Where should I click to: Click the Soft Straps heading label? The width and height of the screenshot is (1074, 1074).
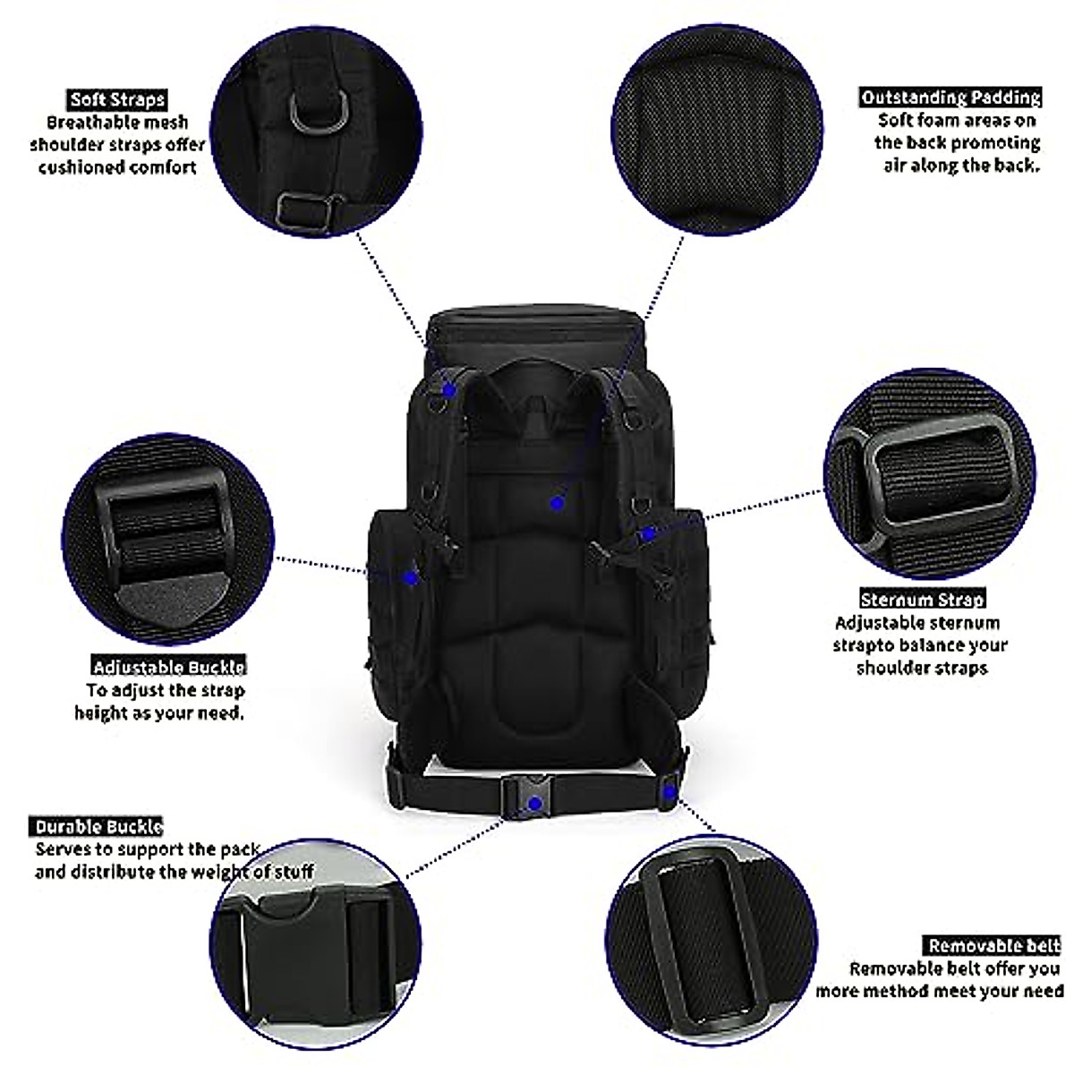point(117,100)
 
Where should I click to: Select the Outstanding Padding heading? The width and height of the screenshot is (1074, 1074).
point(950,98)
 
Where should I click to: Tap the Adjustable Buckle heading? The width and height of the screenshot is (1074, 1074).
point(169,667)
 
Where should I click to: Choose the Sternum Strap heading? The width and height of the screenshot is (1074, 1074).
point(922,600)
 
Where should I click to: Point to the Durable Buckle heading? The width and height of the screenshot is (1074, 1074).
point(98,826)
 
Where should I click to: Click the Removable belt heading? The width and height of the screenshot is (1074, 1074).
point(993,945)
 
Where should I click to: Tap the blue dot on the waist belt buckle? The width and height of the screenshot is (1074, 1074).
point(534,804)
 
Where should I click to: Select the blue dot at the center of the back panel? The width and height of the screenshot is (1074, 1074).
point(557,505)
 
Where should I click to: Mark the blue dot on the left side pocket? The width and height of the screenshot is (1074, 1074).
point(411,578)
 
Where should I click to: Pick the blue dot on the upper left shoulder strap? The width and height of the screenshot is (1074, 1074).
point(451,388)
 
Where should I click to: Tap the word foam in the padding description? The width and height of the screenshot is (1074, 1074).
point(942,120)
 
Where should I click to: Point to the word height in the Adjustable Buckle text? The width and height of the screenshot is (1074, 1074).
point(99,713)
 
